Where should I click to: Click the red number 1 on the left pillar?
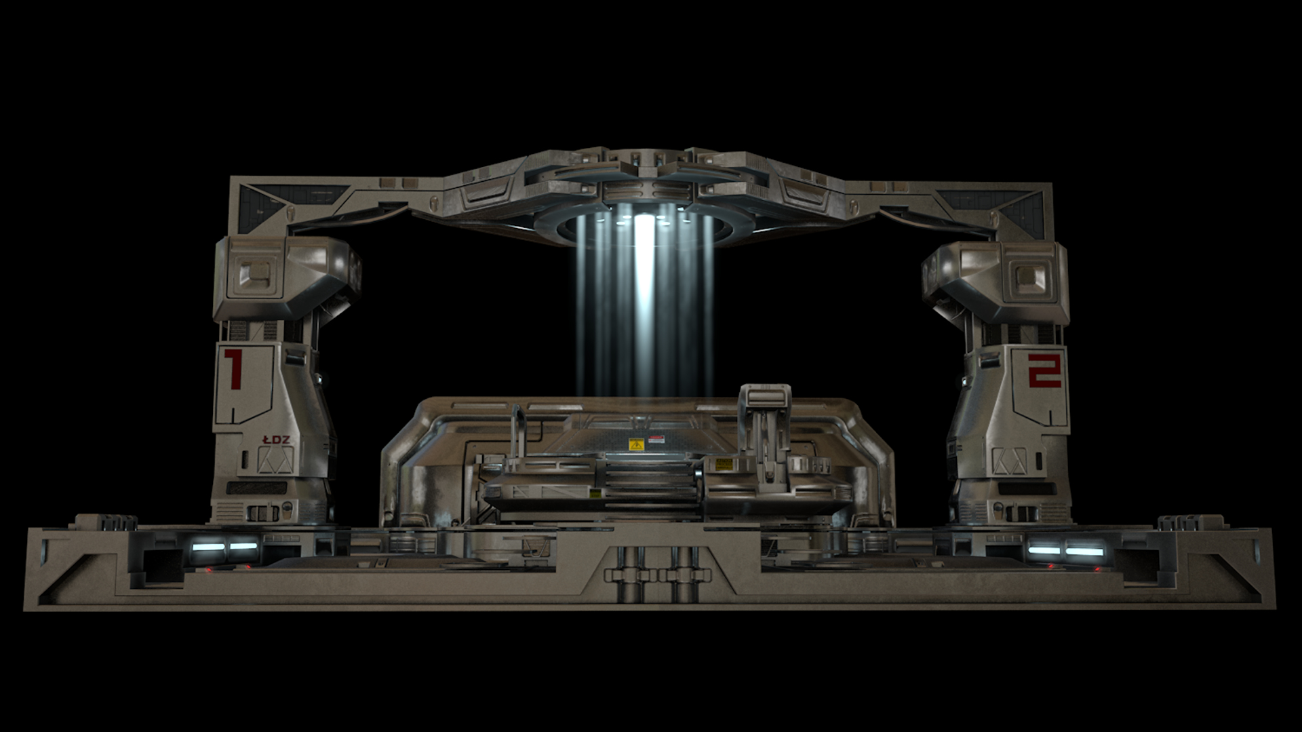pyautogui.click(x=233, y=369)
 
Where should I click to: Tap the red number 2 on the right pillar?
pyautogui.click(x=1044, y=369)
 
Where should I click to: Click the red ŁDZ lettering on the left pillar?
pyautogui.click(x=276, y=440)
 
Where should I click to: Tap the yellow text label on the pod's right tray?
pyautogui.click(x=723, y=465)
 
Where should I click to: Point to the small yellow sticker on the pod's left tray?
pyautogui.click(x=595, y=493)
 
